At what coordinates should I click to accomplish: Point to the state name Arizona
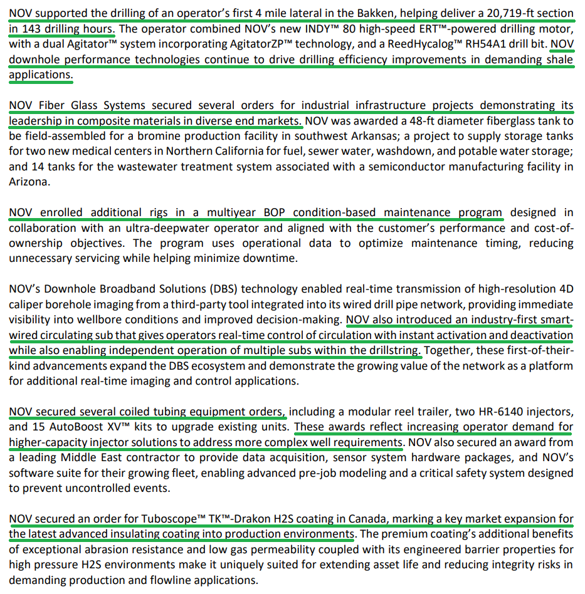coord(28,182)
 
